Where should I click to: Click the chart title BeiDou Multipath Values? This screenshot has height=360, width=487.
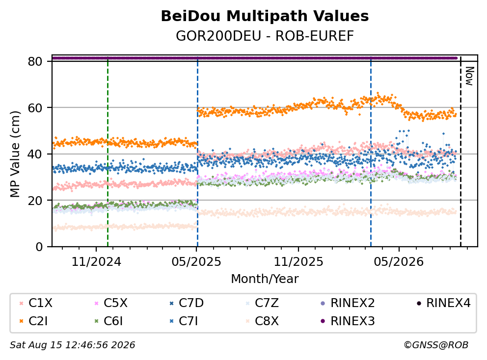[265, 16]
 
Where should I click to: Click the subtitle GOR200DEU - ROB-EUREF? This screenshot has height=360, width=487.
[265, 36]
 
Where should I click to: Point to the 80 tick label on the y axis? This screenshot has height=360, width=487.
[35, 61]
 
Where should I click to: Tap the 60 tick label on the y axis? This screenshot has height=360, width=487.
[35, 108]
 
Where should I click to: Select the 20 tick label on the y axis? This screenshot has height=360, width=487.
[35, 201]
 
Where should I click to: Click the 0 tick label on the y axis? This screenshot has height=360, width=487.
[39, 247]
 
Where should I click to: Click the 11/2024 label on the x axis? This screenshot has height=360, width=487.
[96, 262]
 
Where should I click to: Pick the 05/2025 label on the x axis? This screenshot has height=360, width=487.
[196, 262]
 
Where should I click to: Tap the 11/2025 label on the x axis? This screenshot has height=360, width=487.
[298, 262]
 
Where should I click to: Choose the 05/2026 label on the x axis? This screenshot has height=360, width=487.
[399, 262]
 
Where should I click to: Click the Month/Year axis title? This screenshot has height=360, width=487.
[265, 279]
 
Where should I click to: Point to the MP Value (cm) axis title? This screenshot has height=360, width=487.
[15, 154]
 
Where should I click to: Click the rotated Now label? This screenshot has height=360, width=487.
[469, 76]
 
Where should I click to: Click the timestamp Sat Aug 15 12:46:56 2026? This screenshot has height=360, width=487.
[72, 345]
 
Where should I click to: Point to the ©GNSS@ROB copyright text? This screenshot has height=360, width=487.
[436, 345]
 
